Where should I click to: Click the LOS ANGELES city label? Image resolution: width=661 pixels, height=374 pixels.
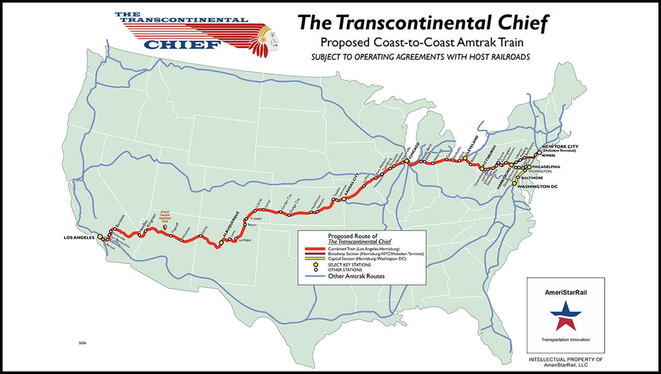coord(79,238)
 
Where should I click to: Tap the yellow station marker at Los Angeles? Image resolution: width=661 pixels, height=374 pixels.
coord(100,237)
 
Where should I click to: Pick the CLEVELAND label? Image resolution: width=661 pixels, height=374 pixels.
coord(471,147)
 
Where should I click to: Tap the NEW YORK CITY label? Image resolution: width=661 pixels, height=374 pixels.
coord(560,147)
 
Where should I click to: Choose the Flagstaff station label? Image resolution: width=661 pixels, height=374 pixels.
coord(175,228)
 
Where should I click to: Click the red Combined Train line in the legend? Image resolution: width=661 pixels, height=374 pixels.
coord(313,249)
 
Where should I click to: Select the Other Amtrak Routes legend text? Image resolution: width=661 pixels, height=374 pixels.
coord(356,276)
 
